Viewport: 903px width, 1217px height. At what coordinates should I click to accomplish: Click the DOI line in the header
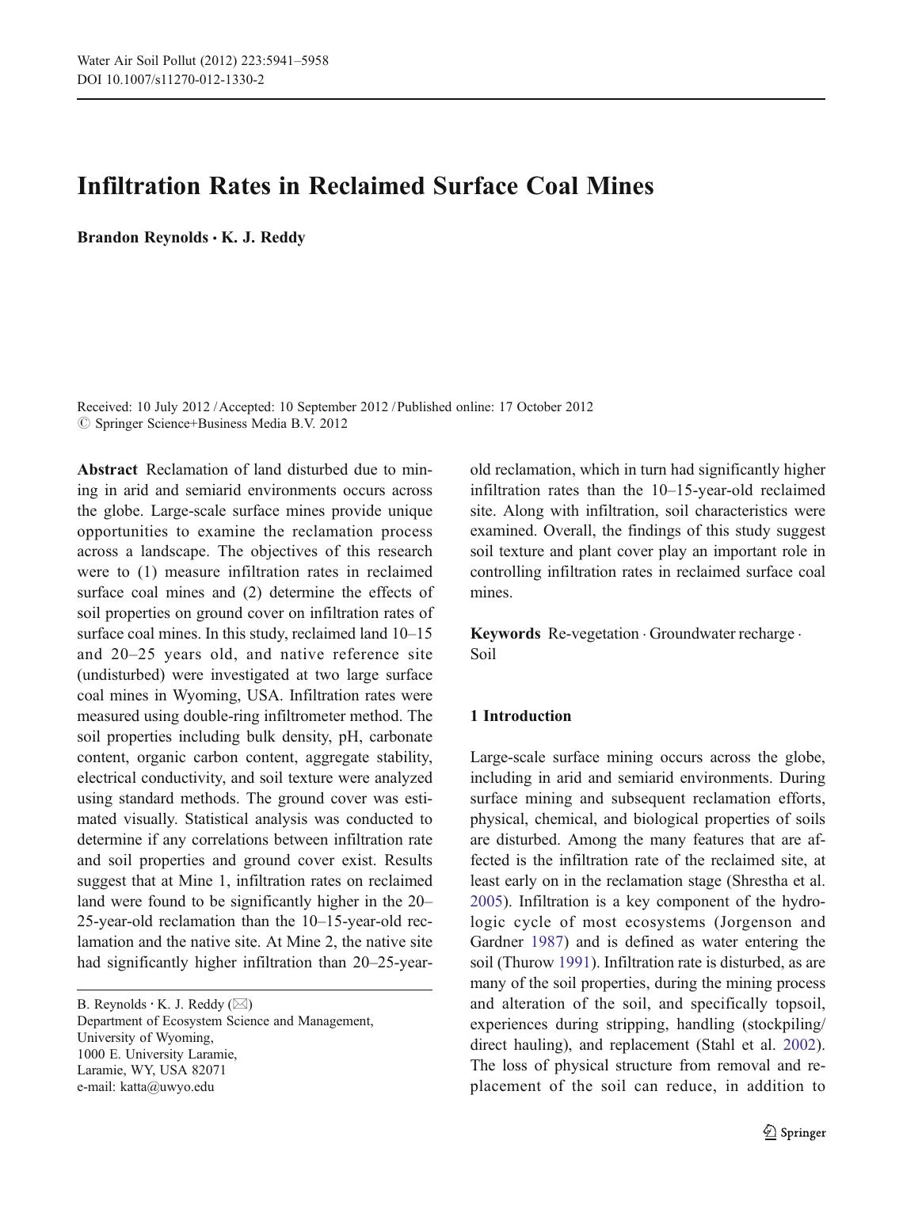pos(170,79)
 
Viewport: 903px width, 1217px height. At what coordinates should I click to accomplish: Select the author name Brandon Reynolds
pos(142,238)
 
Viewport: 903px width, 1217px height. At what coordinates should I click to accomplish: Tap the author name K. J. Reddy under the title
pos(263,238)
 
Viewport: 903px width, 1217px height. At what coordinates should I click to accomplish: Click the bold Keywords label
pos(505,634)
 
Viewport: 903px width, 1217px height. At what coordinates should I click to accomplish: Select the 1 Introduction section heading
pos(520,716)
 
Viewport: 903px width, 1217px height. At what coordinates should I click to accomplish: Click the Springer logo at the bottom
pos(794,1133)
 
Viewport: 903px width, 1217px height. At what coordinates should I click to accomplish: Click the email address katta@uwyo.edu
pos(167,1087)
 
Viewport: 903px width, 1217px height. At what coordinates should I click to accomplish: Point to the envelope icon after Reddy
pos(241,1005)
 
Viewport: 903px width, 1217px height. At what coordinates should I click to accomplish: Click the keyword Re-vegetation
pos(593,634)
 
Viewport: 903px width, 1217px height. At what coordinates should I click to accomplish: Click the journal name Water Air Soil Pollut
pos(137,61)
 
